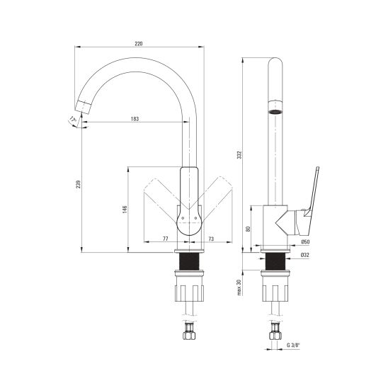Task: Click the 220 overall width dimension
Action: (139, 44)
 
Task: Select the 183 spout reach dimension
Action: (135, 119)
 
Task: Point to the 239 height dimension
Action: (78, 184)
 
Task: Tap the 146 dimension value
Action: (125, 210)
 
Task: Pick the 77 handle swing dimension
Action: (165, 239)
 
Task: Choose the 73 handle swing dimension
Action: (211, 239)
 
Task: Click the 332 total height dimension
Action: (239, 154)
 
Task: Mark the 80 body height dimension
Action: (249, 229)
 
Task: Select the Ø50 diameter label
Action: (305, 241)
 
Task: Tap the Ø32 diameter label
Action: (305, 255)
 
